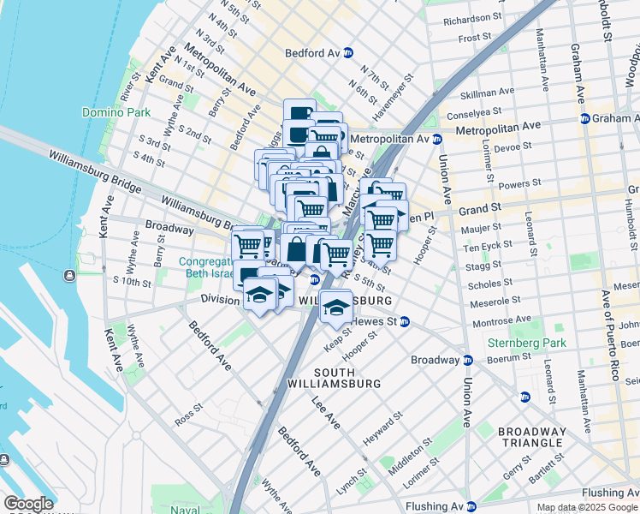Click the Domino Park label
click(116, 112)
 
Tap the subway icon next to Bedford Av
click(348, 53)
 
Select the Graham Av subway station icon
click(584, 119)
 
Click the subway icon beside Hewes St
click(406, 322)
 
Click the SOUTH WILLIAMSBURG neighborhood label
click(347, 378)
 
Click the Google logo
click(28, 504)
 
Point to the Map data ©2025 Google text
click(587, 507)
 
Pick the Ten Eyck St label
click(486, 248)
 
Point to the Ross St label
click(186, 421)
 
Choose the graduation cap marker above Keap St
click(336, 306)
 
